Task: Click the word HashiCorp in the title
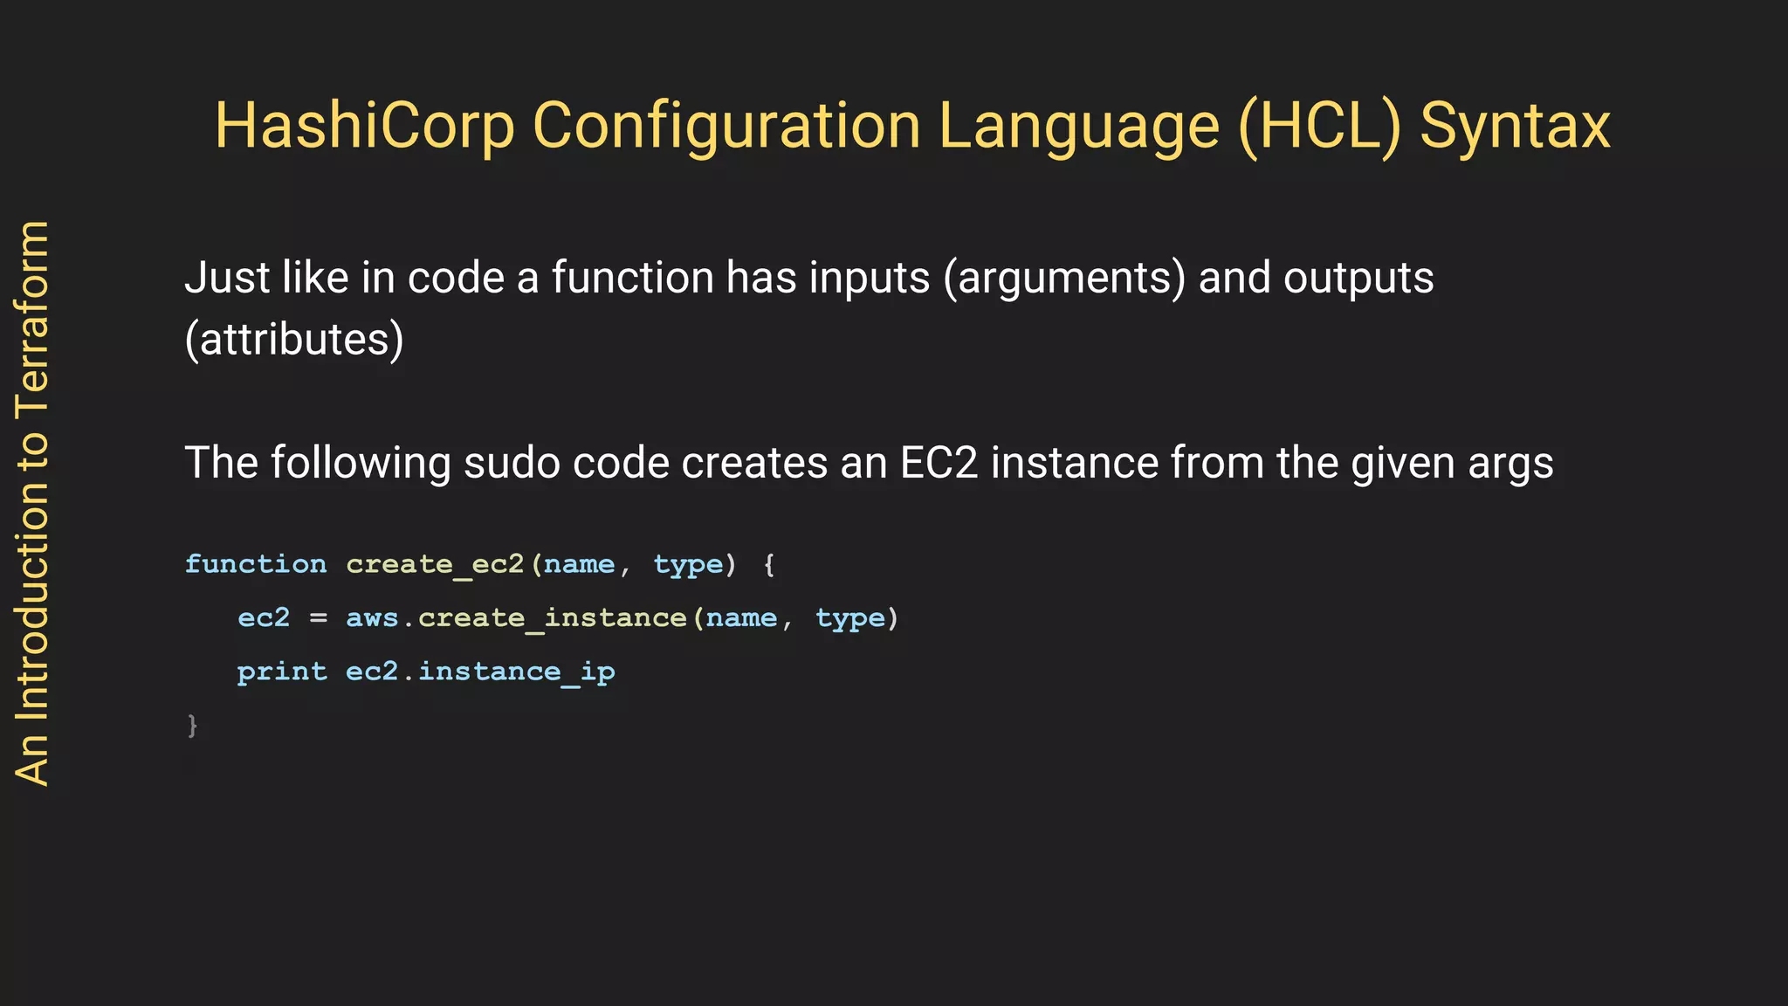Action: (365, 127)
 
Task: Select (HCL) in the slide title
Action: (1319, 127)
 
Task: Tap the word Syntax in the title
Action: (1515, 127)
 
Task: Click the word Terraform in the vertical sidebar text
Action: (33, 318)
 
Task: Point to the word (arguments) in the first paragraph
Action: (1064, 279)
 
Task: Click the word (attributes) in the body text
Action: (294, 340)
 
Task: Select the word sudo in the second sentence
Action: (512, 463)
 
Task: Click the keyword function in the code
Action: (256, 564)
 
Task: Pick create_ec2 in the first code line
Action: (435, 564)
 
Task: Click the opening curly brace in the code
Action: (769, 565)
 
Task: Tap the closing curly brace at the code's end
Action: (192, 726)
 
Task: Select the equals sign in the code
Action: (319, 618)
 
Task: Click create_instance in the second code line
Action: (552, 618)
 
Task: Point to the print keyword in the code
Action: (282, 672)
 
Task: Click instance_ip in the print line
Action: (516, 672)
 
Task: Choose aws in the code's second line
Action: (372, 618)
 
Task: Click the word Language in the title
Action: (1079, 127)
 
